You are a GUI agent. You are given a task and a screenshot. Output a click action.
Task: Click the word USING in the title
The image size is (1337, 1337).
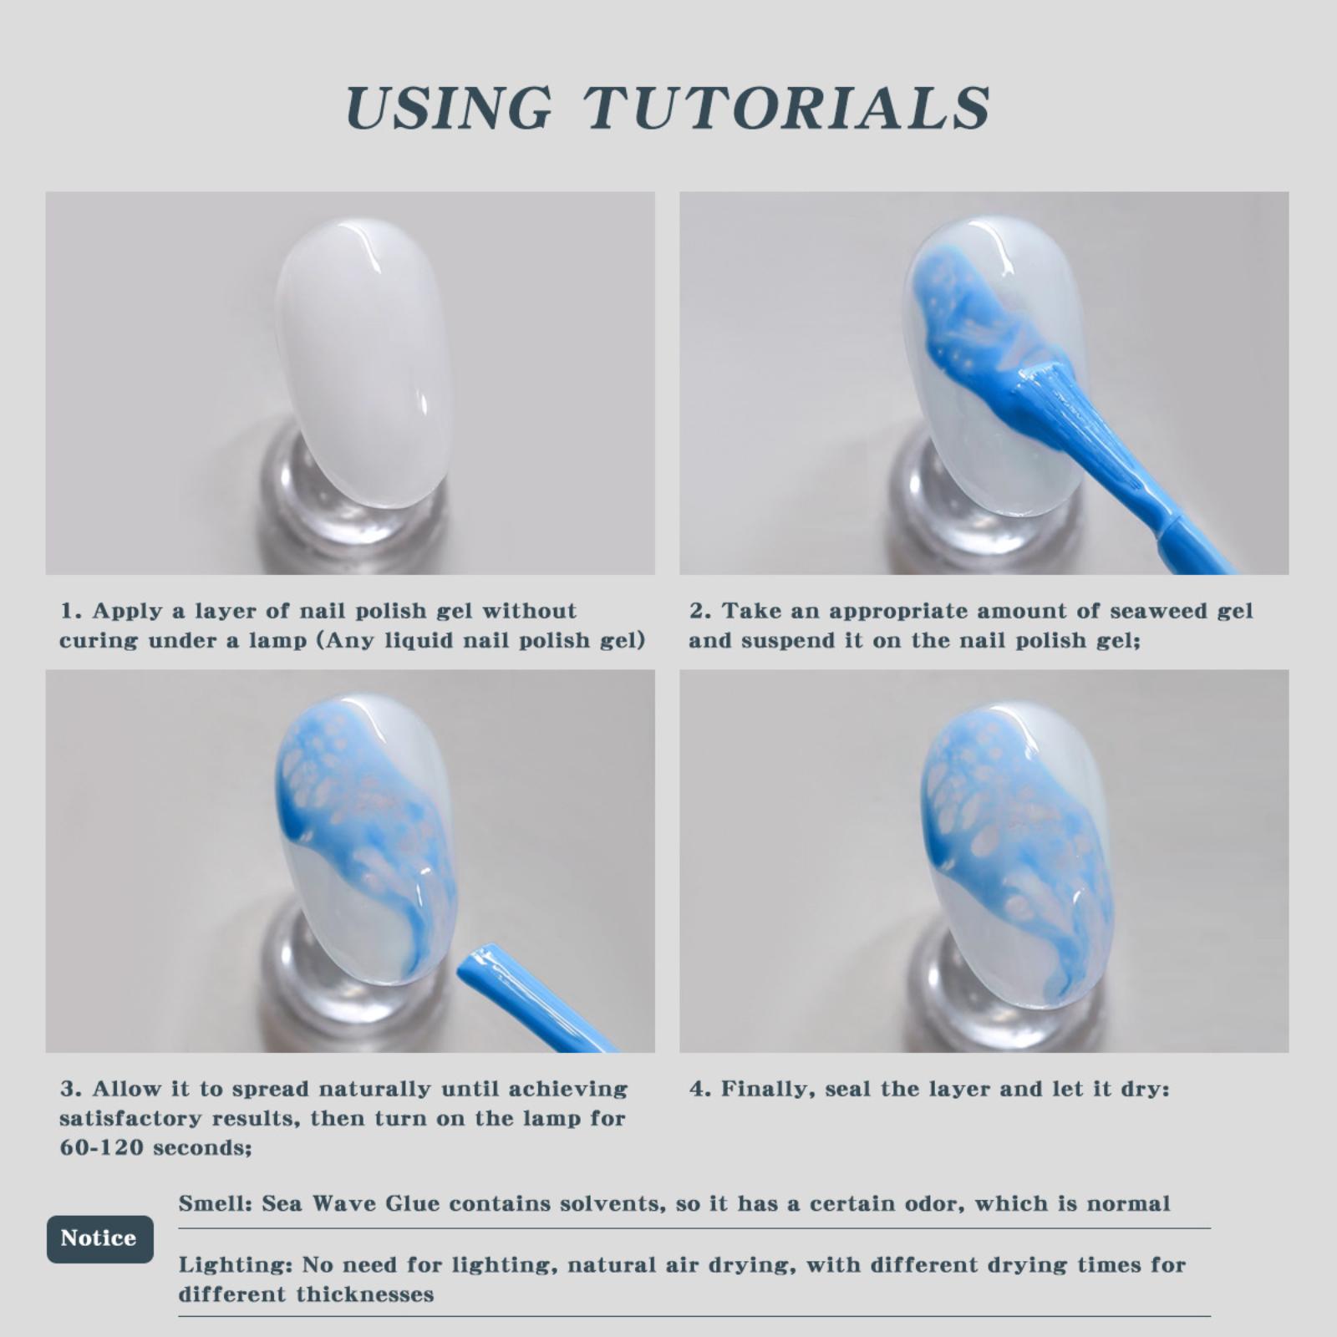point(449,108)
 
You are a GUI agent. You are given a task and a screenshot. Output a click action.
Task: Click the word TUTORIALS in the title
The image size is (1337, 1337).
point(786,108)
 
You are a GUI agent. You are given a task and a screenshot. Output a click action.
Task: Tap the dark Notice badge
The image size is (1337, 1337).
point(99,1238)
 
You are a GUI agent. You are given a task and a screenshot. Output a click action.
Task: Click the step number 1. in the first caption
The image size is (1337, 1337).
point(71,611)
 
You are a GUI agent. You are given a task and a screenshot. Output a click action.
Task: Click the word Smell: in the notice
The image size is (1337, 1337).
point(216,1204)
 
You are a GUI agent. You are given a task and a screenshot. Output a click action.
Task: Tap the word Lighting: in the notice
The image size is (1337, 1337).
point(235,1266)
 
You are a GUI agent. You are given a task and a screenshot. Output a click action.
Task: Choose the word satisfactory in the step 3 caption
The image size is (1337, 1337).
point(131,1119)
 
